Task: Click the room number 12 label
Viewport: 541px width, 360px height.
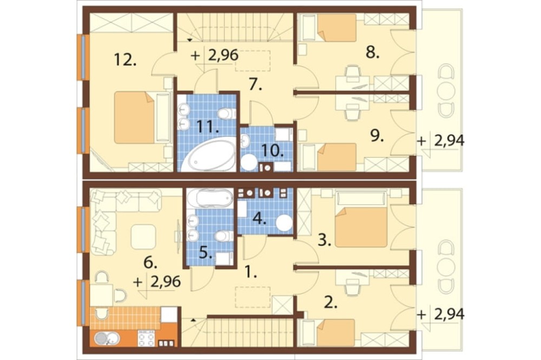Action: tap(126, 61)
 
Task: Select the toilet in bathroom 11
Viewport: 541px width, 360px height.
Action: tap(227, 113)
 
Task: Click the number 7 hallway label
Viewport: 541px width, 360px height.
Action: tap(255, 84)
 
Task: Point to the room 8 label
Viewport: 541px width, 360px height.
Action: tap(373, 53)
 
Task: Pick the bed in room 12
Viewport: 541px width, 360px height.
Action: tap(135, 117)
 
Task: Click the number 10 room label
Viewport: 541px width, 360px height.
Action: tap(273, 151)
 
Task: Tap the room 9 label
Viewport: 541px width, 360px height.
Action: tap(377, 136)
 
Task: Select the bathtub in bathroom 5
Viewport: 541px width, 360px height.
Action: tap(210, 198)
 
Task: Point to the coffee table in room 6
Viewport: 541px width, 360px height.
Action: tap(143, 237)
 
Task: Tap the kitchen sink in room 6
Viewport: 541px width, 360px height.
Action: tap(107, 338)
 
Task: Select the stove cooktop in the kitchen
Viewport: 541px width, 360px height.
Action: tap(147, 338)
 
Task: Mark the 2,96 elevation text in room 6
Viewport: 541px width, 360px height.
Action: tap(166, 282)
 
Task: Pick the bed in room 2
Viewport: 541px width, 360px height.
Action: tap(336, 332)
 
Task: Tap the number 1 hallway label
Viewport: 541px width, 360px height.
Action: tap(251, 273)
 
